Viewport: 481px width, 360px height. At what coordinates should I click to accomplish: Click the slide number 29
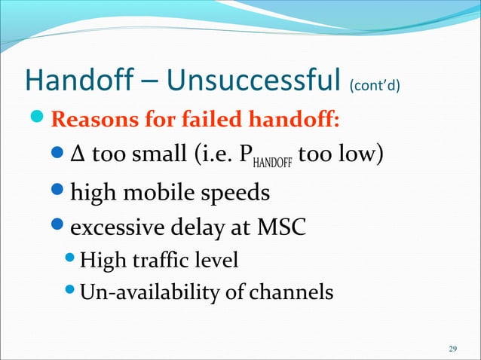(x=452, y=349)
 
